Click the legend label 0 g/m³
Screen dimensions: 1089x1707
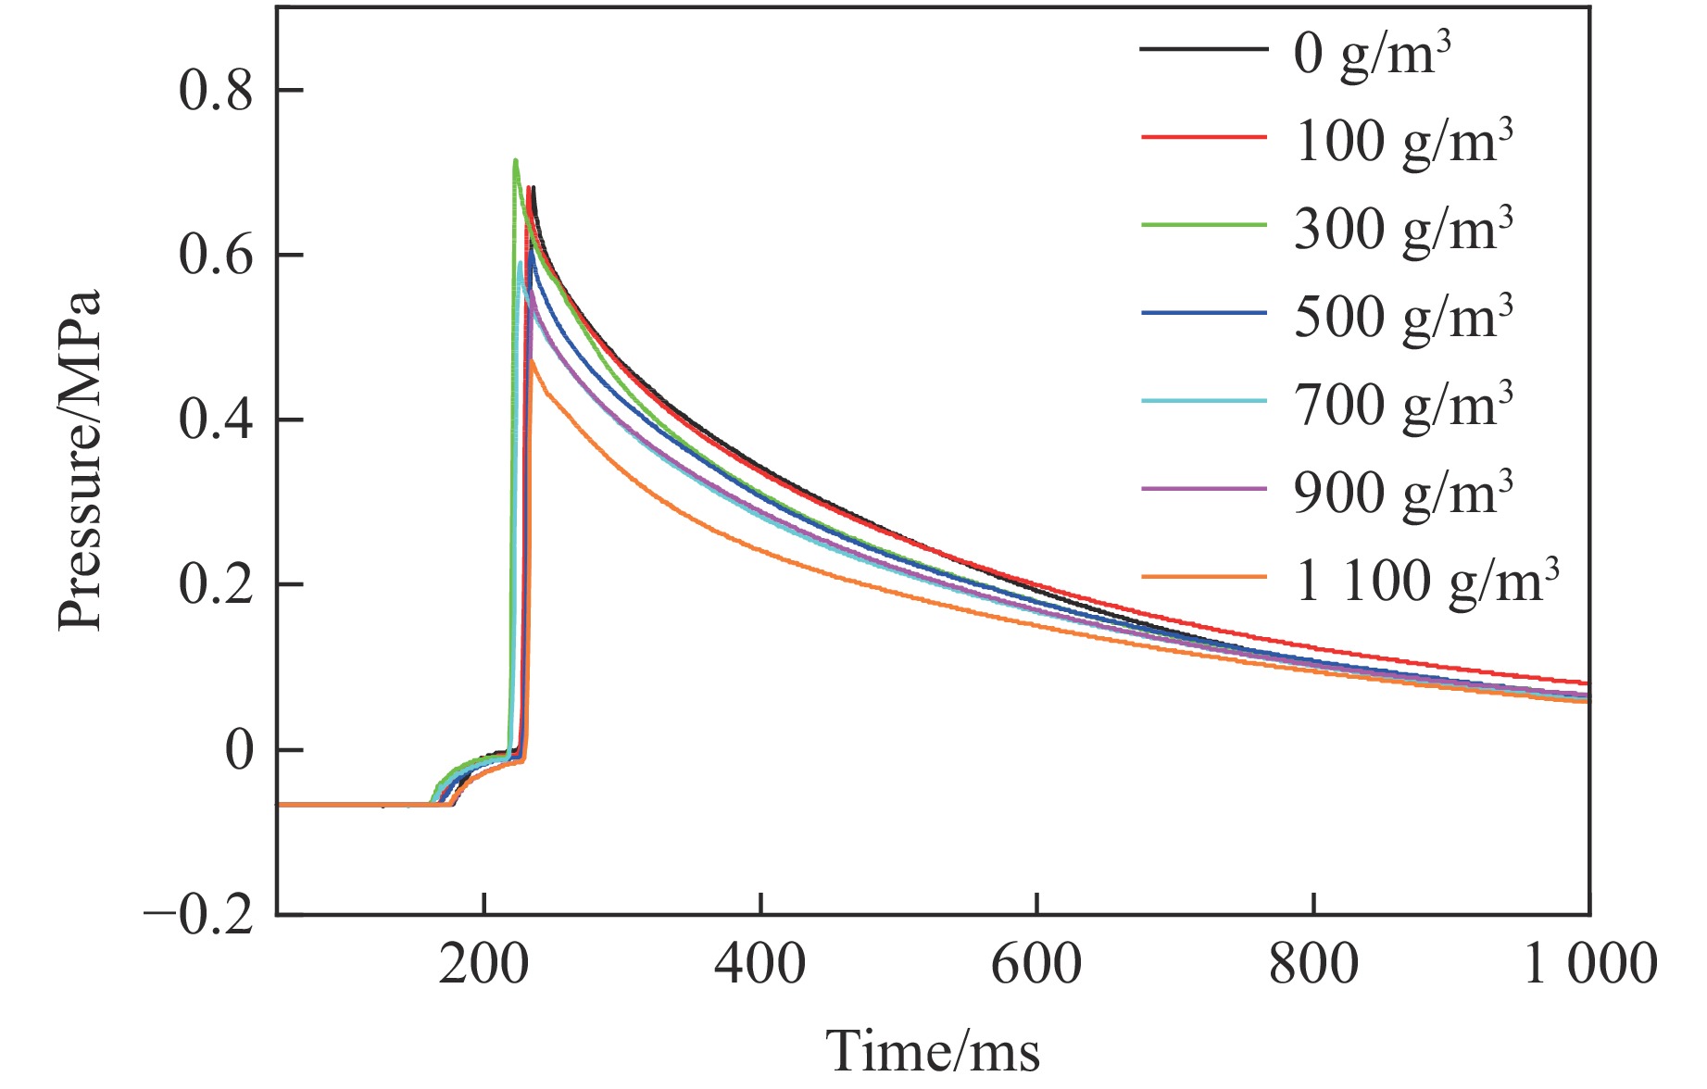pos(1372,54)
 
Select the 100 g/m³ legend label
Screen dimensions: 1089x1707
pos(1403,142)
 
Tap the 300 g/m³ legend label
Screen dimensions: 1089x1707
pos(1403,230)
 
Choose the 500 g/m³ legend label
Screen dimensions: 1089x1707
pos(1403,318)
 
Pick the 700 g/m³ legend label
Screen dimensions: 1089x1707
pos(1403,406)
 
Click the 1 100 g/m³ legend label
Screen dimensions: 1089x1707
pos(1426,582)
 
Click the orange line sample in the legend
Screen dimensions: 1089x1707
pos(1203,577)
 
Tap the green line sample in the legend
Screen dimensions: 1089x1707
pos(1203,225)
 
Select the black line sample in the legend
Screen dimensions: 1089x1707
pos(1203,48)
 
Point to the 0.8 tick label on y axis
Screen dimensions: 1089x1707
pos(215,91)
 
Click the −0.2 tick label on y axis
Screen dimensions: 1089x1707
pos(198,916)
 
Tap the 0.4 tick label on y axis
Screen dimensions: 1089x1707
pos(215,420)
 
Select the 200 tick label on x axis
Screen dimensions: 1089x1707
pos(483,964)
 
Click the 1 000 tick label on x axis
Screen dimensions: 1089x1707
pos(1589,964)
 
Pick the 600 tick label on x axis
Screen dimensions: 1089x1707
pos(1036,964)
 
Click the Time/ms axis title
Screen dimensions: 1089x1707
pos(933,1052)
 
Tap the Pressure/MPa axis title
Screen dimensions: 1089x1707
pos(80,461)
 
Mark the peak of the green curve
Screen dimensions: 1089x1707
pos(515,160)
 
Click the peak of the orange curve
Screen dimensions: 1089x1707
pos(532,361)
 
